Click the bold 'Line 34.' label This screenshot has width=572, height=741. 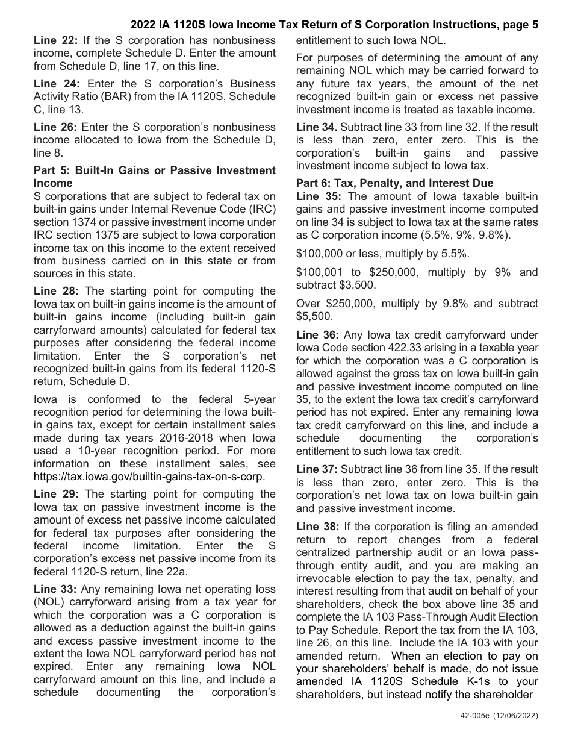click(317, 127)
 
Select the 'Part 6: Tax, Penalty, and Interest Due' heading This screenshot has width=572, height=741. click(394, 183)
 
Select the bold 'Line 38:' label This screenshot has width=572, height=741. click(318, 527)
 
